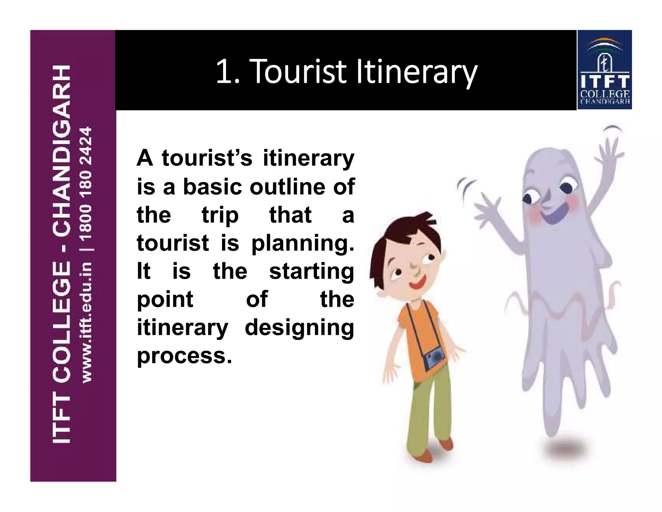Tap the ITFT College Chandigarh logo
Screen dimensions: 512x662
[604, 70]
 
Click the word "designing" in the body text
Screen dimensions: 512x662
[299, 328]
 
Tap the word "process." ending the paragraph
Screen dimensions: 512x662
[184, 356]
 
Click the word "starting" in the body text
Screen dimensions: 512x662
[311, 272]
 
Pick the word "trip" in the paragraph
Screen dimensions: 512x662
[220, 215]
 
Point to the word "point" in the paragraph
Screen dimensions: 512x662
[165, 300]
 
